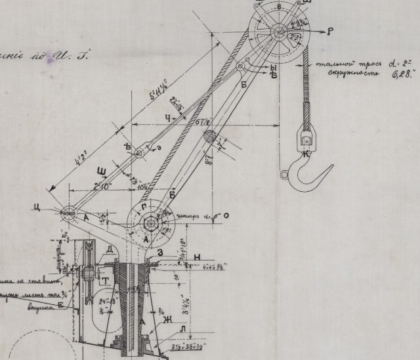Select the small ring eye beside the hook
284,175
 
